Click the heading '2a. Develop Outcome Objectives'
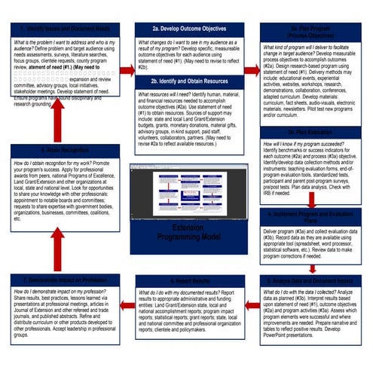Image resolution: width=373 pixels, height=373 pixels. click(x=187, y=28)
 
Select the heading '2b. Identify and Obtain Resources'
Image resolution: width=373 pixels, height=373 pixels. click(x=187, y=81)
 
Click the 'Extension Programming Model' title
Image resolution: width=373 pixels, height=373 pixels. click(x=187, y=230)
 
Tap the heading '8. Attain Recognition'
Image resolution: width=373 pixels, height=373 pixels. click(x=61, y=129)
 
